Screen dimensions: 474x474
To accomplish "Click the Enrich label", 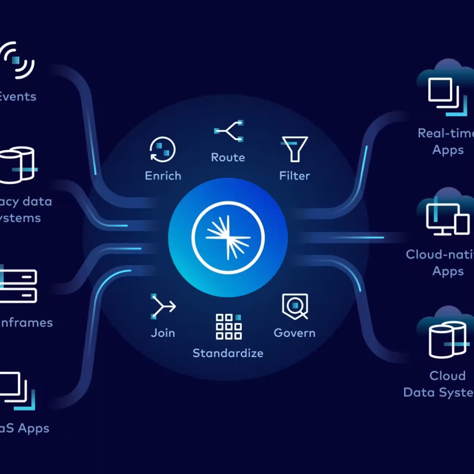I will pos(163,176).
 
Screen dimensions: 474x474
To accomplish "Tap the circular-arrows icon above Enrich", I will pos(163,150).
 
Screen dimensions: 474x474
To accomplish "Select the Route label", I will pos(228,157).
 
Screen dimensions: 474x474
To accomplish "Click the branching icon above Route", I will pos(229,131).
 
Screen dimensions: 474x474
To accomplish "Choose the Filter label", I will pos(294,176).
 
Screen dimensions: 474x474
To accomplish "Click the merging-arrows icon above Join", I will pos(163,306).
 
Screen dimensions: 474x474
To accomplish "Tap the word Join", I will pos(163,333).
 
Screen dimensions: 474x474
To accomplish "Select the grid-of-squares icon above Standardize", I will pos(229,327).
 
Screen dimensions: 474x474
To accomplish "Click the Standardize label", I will pos(228,353).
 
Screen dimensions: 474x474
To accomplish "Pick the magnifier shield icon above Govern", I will pos(295,306).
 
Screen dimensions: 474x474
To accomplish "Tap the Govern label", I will pos(294,333).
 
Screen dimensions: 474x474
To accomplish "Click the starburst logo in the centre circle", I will pos(228,237).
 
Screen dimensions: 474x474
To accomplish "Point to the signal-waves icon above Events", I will pos(17,60).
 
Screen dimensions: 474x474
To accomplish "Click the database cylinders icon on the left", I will pos(18,165).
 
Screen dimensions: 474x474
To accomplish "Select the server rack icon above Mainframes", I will pos(18,286).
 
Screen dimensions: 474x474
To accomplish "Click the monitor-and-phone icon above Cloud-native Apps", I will pos(447,219).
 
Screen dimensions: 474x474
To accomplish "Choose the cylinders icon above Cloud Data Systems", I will pos(448,340).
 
